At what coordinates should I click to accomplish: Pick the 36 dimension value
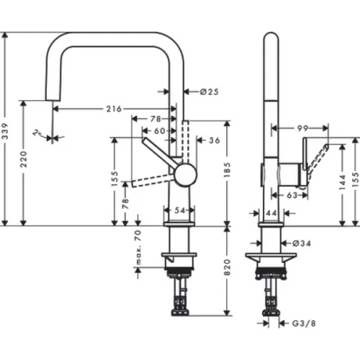coord(213,141)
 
